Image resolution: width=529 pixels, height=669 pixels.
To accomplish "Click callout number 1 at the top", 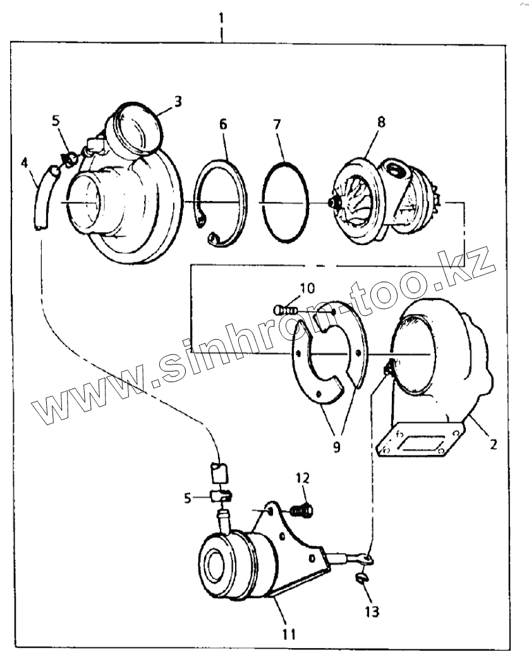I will [221, 18].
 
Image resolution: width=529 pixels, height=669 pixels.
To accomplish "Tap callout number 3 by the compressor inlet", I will [178, 101].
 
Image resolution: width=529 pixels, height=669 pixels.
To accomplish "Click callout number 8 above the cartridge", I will [380, 122].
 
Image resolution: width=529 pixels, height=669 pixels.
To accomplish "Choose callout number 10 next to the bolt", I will [307, 289].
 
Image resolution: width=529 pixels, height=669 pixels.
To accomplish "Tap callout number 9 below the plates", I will [336, 447].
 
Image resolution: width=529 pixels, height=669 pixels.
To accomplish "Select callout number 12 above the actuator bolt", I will [302, 478].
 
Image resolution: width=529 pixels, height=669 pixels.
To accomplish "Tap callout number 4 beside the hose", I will [25, 164].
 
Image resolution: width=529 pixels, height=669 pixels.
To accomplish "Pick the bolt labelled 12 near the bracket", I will [304, 509].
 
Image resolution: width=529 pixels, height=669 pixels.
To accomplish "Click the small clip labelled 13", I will [361, 577].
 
